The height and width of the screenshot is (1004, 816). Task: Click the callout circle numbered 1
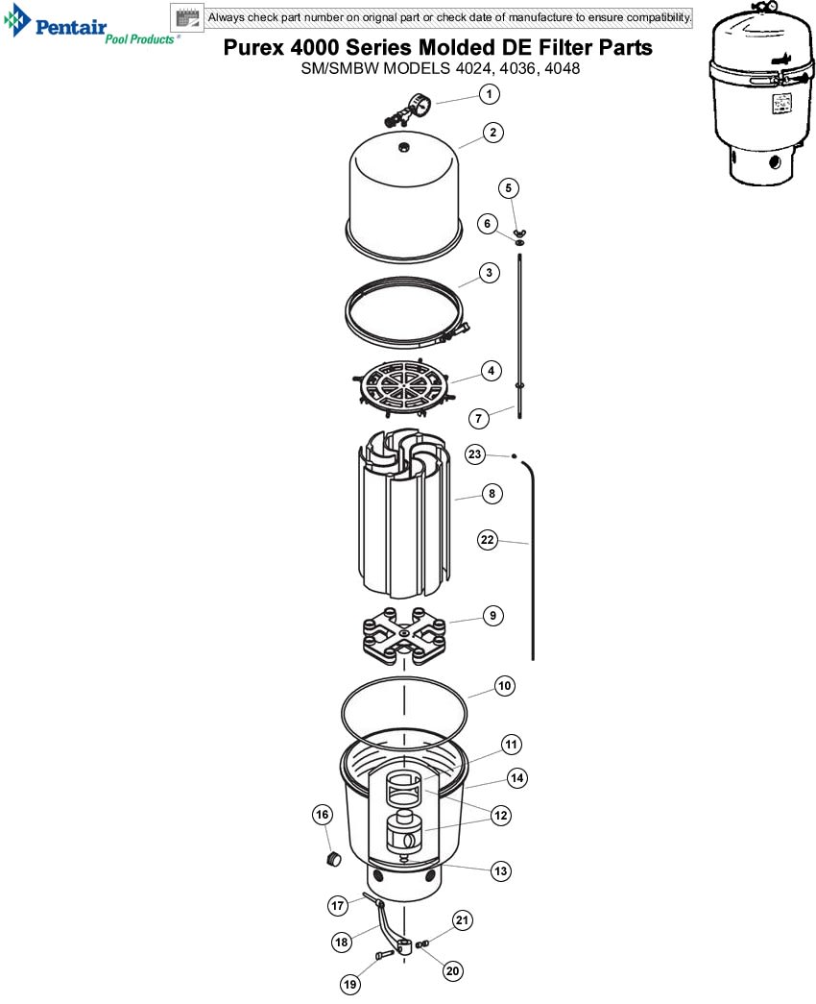coord(489,94)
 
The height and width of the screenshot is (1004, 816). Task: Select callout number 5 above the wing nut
coord(508,187)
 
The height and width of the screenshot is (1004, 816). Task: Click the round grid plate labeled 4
coord(403,386)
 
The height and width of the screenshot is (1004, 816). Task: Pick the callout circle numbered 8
coord(492,494)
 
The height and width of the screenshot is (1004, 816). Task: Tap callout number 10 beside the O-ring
coord(504,686)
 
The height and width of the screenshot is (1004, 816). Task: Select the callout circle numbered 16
coord(322,815)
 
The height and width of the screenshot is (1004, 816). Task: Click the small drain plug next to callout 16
coord(333,858)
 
